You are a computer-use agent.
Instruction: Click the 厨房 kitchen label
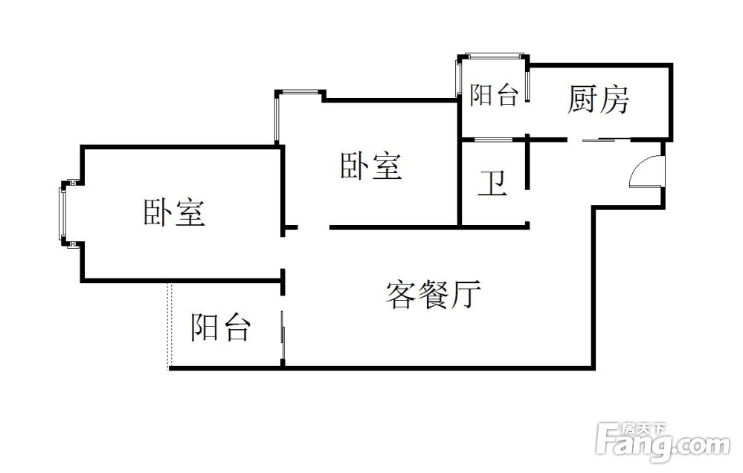click(598, 100)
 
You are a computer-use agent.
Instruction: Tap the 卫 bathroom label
click(492, 183)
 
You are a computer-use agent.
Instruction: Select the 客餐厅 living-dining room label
click(433, 295)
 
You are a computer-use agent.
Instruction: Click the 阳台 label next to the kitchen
click(494, 95)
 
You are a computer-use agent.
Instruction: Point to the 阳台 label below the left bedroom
click(221, 327)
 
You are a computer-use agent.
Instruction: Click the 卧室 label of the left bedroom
click(174, 212)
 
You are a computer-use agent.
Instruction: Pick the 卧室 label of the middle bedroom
click(371, 166)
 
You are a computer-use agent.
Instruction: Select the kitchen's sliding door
click(599, 140)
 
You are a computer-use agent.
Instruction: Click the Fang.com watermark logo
click(663, 443)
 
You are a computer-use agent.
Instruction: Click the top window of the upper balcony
click(495, 55)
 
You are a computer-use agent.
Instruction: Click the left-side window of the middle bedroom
click(277, 117)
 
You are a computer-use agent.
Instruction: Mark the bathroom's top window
click(493, 140)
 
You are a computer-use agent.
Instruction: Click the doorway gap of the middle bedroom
click(313, 228)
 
